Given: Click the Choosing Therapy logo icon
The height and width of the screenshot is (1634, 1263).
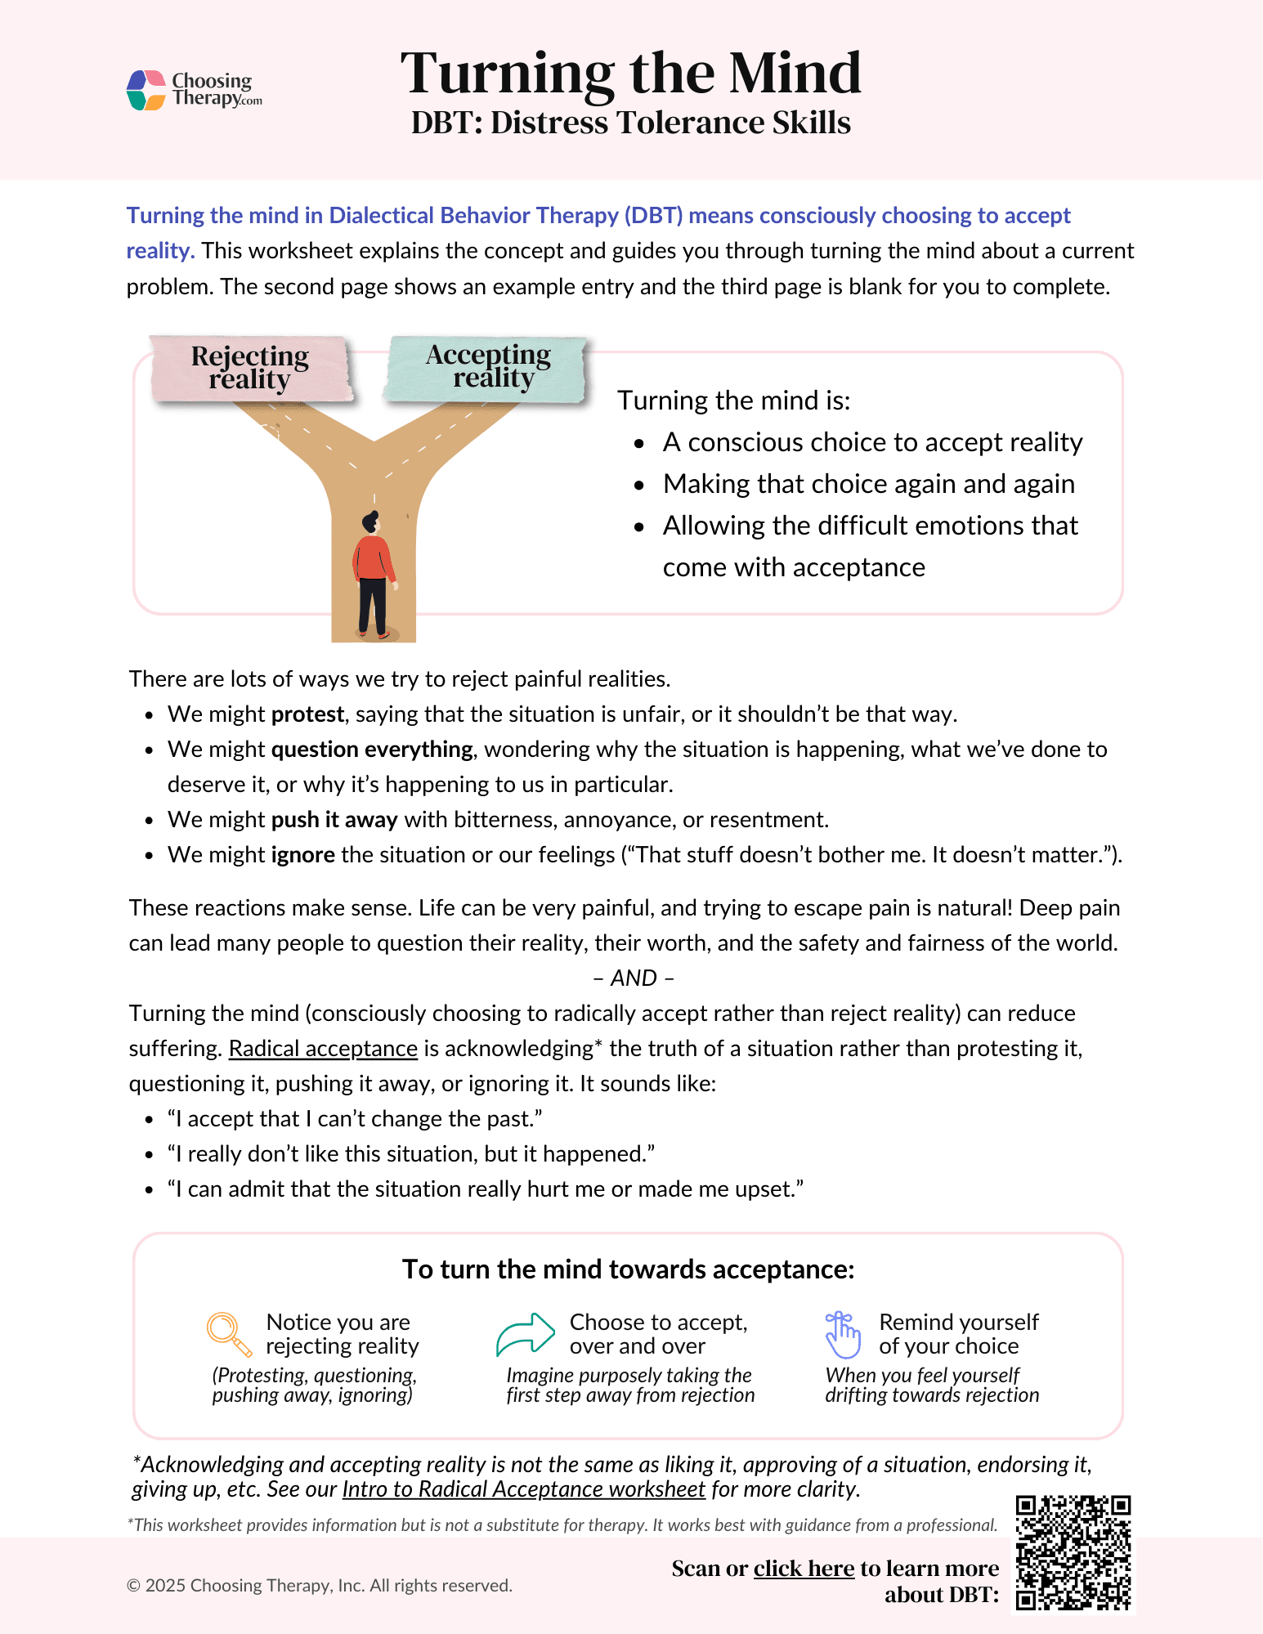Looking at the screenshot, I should (146, 90).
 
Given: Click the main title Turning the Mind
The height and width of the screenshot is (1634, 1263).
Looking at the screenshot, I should (630, 74).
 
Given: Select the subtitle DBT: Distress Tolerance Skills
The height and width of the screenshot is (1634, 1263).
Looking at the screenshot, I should (630, 123).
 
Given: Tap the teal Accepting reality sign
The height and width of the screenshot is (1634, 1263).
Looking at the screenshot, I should (488, 367).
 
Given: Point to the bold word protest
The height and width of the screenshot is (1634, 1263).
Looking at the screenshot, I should (307, 714).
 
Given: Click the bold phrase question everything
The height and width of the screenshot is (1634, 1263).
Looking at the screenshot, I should (372, 750).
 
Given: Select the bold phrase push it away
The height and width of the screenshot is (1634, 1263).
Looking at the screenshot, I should (334, 820).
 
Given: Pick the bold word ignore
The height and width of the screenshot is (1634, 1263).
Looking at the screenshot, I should (303, 855).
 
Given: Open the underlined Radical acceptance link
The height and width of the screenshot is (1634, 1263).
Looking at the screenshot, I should (323, 1049).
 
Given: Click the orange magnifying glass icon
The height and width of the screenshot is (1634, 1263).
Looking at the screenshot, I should (229, 1334).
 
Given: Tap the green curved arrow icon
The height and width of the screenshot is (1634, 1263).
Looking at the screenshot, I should (525, 1334).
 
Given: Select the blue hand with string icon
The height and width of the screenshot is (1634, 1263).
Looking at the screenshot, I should (843, 1334).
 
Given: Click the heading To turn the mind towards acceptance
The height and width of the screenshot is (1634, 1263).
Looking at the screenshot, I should (628, 1269).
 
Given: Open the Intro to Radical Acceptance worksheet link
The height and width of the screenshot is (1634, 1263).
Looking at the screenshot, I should (523, 1489).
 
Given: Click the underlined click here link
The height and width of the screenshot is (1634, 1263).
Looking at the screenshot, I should (804, 1569).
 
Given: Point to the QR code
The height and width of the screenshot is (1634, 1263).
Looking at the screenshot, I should (1073, 1553).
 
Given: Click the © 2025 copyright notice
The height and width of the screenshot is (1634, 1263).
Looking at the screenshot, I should (319, 1586).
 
